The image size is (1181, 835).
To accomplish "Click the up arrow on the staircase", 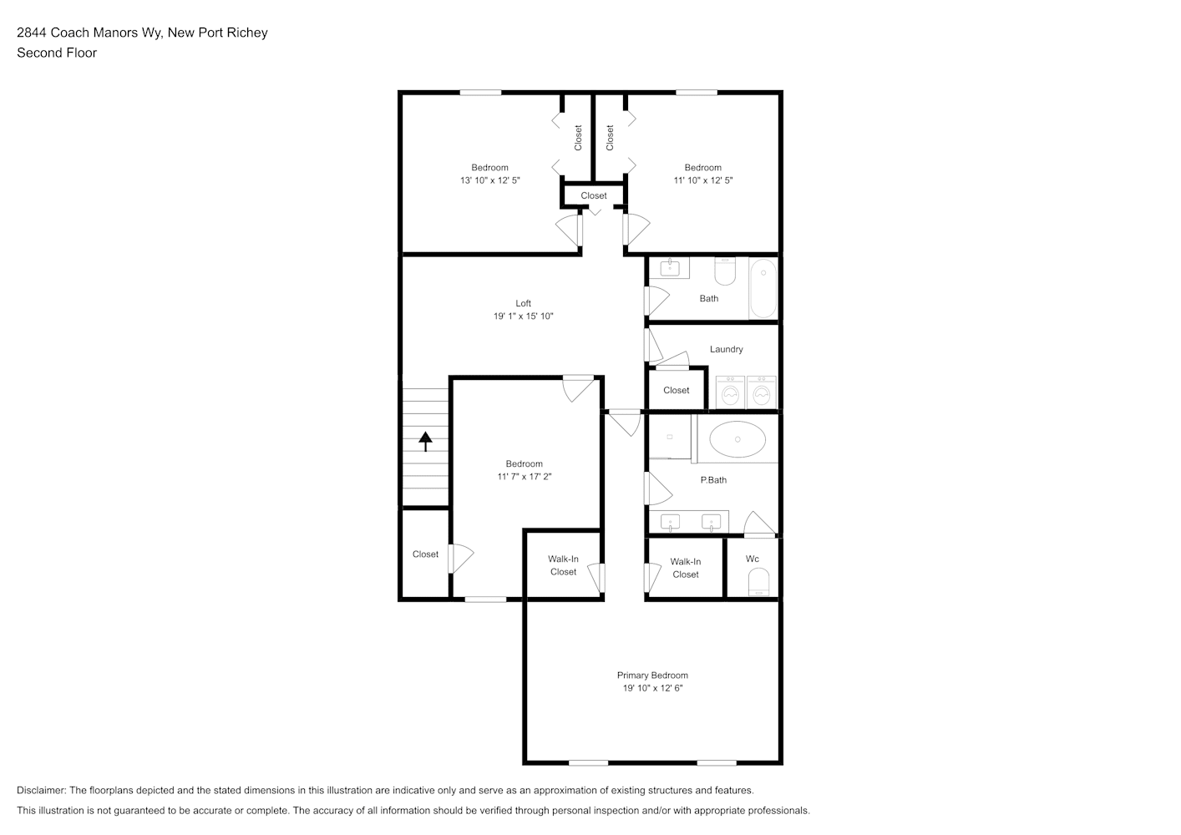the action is pos(425,441).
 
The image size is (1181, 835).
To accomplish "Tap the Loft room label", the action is pos(523,303).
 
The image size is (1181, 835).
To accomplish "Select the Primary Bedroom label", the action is pos(652,676).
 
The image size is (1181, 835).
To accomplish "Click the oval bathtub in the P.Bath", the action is pos(737,439).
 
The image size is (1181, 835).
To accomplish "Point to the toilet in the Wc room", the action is pos(758,581).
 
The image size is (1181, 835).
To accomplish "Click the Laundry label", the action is pos(726,349).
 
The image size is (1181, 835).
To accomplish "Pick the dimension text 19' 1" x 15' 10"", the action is pos(523,316).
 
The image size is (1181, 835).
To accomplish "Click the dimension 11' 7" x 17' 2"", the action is pos(524,477).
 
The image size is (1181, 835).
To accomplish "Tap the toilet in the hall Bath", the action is pos(725,271).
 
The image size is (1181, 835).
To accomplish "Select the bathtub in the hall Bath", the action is pos(763,288).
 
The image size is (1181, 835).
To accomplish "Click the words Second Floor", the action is pos(57,53).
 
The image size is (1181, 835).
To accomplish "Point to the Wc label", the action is pos(753,559).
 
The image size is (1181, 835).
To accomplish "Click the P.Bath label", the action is pos(713,479).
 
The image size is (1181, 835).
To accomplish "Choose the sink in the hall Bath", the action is pos(670,268).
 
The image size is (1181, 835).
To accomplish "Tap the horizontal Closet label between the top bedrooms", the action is pos(594,195).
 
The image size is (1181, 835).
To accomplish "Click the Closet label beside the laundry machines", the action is pos(676,390).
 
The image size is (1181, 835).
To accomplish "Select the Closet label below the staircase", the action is pos(425,554).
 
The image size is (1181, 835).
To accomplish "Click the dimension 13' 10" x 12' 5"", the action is pos(489,180).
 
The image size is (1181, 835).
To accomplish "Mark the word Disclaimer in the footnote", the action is pos(41,790).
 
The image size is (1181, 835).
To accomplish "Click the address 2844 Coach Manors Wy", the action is pos(90,33).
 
